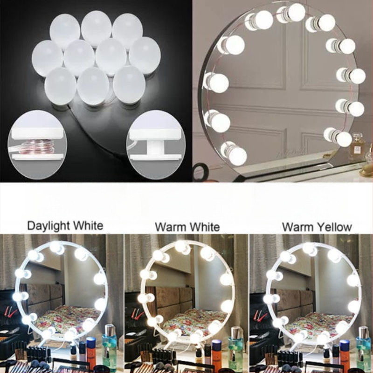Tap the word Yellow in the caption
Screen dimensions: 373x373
pyautogui.click(x=336, y=227)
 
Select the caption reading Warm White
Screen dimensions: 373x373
pyautogui.click(x=187, y=227)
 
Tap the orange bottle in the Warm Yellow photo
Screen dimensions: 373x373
pyautogui.click(x=344, y=352)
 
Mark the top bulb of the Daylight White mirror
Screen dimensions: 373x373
pyautogui.click(x=57, y=248)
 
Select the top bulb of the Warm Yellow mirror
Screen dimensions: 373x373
pyautogui.click(x=310, y=249)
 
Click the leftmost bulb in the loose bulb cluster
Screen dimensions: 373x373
pyautogui.click(x=48, y=59)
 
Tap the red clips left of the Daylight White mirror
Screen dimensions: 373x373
pyautogui.click(x=9, y=312)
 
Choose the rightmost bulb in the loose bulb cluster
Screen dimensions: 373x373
pyautogui.click(x=145, y=55)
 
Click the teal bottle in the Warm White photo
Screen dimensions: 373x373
pyautogui.click(x=235, y=348)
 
